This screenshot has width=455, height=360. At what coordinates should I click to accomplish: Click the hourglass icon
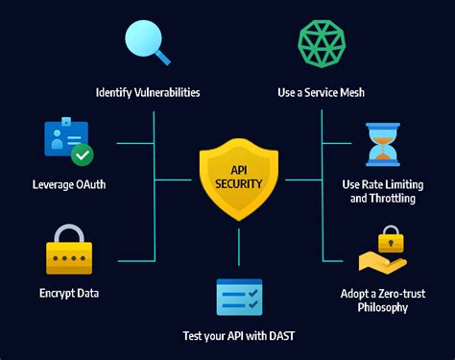pos(382,144)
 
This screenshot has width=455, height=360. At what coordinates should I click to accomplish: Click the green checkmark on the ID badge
pos(83,154)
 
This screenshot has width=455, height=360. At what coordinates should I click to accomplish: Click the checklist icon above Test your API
pos(239,297)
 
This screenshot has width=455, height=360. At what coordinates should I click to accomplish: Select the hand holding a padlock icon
pos(382,252)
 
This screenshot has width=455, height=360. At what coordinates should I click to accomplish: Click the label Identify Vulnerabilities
pos(148,93)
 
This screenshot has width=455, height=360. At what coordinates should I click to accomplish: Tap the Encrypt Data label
pos(69,293)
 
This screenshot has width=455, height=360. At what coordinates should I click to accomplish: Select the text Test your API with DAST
pos(238,336)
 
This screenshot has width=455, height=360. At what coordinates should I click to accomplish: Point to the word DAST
pos(279,336)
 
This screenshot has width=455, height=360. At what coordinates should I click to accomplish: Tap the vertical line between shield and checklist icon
pos(239,252)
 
